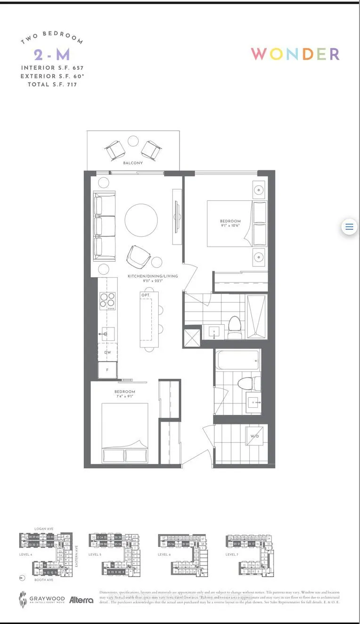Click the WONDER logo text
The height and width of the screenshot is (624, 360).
tap(295, 54)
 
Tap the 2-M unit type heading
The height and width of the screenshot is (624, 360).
tap(52, 55)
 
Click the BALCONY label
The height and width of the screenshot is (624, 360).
tap(133, 163)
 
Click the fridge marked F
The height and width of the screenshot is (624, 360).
tap(107, 370)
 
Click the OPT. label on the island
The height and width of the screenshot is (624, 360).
tap(145, 295)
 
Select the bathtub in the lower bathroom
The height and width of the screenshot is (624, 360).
tap(238, 361)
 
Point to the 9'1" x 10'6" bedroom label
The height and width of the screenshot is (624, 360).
tap(230, 223)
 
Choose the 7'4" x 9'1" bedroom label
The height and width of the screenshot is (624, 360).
tap(124, 394)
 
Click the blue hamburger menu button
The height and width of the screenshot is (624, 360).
tap(349, 227)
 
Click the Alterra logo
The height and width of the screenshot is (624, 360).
tap(81, 600)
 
